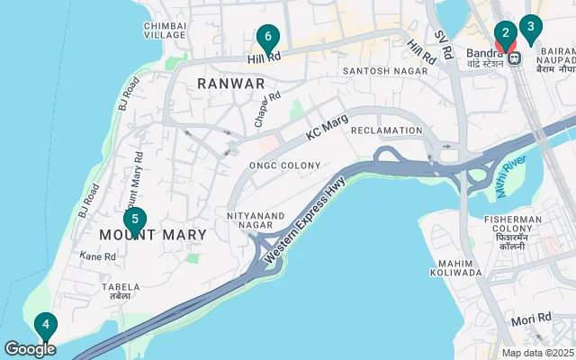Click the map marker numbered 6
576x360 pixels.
click(267, 39)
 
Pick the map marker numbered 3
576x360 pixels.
click(530, 27)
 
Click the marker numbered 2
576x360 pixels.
click(506, 35)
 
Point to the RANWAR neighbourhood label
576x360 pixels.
click(231, 83)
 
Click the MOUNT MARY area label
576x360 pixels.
click(153, 235)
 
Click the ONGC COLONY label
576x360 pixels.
click(285, 166)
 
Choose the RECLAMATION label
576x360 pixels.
click(386, 130)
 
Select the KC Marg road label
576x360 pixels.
click(327, 132)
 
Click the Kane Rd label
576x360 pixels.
click(98, 256)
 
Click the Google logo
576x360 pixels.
click(29, 348)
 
